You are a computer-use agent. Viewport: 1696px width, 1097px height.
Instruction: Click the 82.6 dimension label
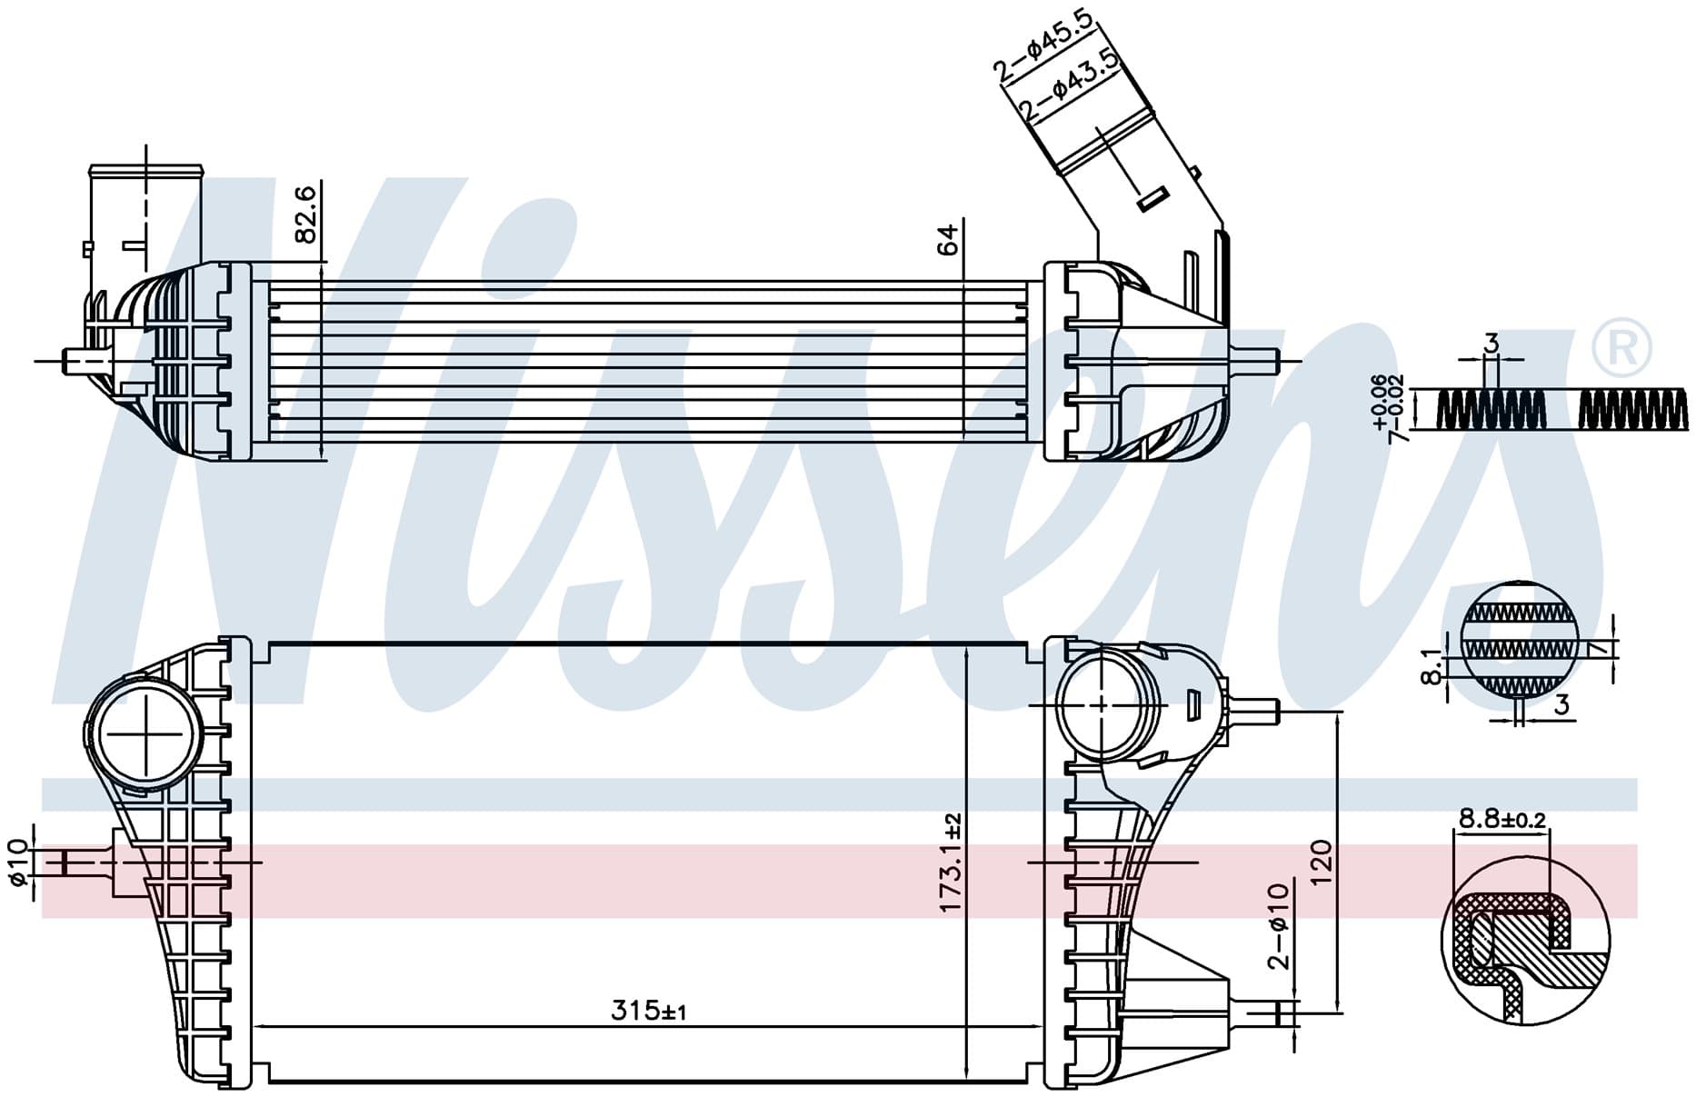(306, 214)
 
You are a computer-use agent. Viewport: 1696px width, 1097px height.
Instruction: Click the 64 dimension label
(947, 239)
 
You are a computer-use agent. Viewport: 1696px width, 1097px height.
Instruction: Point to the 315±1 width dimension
(648, 1010)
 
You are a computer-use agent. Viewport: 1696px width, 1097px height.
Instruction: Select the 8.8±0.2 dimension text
(1501, 819)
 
